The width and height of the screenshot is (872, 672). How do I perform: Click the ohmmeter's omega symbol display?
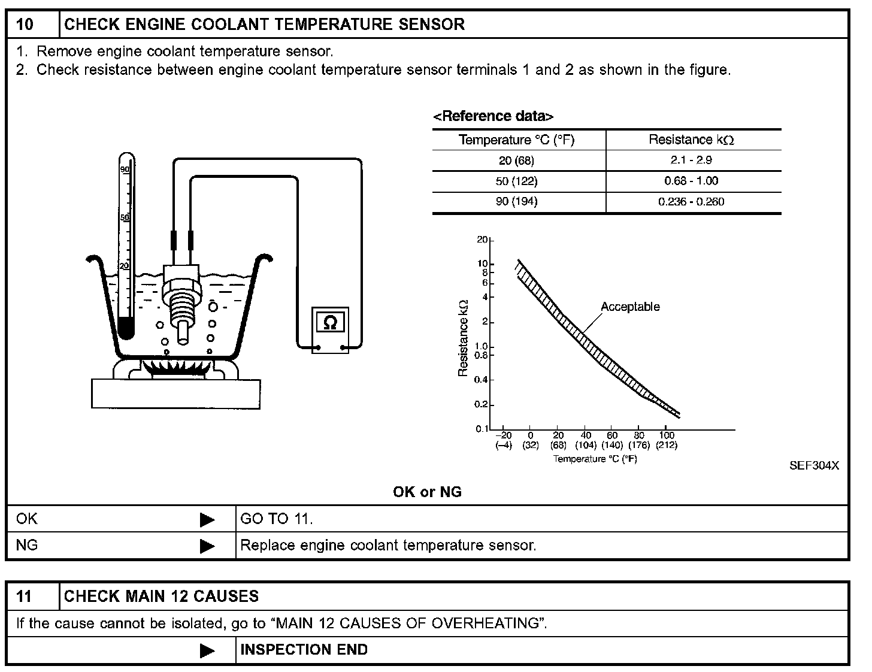click(330, 322)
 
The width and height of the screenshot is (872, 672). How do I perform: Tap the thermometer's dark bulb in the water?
click(126, 327)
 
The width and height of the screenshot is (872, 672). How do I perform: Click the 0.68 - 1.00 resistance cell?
click(691, 181)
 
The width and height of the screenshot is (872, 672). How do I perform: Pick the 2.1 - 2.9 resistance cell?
click(691, 161)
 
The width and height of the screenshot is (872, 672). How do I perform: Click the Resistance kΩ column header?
click(691, 140)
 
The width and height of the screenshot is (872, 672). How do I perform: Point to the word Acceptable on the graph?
click(630, 307)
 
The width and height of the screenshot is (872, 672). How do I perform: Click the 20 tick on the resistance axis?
click(483, 240)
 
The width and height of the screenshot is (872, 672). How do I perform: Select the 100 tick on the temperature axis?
click(667, 435)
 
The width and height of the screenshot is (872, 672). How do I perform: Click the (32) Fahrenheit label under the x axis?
click(530, 445)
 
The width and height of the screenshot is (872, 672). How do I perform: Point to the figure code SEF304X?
click(814, 465)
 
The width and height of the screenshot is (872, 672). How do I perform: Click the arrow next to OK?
click(207, 519)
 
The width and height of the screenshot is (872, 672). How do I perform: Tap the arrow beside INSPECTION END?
click(207, 650)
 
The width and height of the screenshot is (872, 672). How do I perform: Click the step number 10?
click(25, 25)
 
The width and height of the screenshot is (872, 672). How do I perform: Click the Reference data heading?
click(493, 116)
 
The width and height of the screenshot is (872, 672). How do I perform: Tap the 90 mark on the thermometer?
click(125, 169)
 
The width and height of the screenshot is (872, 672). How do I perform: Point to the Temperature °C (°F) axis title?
click(595, 459)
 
